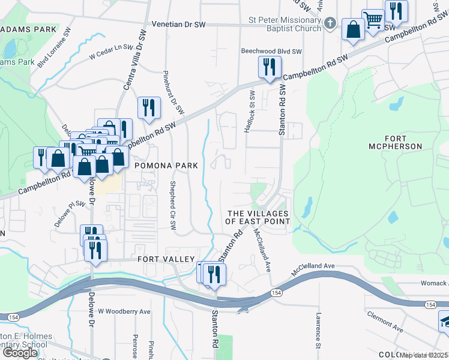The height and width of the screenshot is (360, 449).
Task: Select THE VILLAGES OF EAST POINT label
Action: pyautogui.click(x=258, y=218)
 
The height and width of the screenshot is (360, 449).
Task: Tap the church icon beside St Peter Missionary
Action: pyautogui.click(x=329, y=23)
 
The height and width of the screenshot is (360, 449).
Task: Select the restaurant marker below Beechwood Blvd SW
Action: pyautogui.click(x=269, y=67)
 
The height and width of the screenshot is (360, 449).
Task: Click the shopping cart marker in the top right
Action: pyautogui.click(x=373, y=21)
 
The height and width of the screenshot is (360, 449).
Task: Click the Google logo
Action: pyautogui.click(x=21, y=352)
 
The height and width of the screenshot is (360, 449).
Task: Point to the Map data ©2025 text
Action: pyautogui.click(x=424, y=355)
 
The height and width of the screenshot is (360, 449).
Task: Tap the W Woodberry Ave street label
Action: pyautogui.click(x=124, y=312)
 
